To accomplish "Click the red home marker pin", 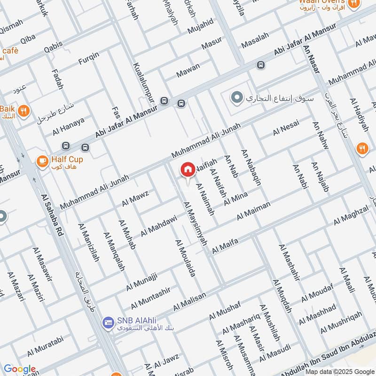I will click(188, 170).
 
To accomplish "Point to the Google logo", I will click(19, 369).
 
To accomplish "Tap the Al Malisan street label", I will click(189, 301).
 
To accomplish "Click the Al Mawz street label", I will click(135, 197).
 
